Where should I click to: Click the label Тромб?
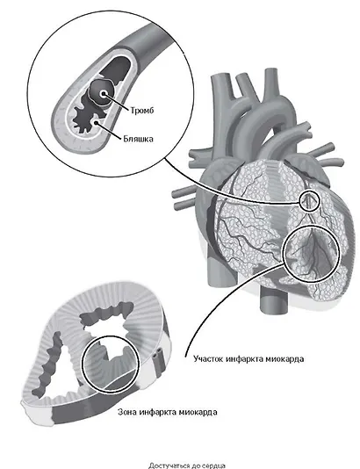point(142,111)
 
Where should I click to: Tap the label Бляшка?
point(138,139)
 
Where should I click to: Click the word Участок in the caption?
point(208,359)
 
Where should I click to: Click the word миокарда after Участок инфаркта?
point(285,359)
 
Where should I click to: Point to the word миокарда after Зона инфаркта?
point(198,412)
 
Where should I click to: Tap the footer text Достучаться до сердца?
point(187,465)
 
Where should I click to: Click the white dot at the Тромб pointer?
point(104,94)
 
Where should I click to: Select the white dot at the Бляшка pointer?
point(97,123)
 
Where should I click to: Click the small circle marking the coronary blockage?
point(309,201)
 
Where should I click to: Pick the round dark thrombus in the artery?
point(102,93)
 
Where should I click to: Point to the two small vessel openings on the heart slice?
point(157,354)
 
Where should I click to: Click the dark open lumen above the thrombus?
point(115,69)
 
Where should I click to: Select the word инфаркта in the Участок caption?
point(245,359)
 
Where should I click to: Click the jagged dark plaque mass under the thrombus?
point(87,117)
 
